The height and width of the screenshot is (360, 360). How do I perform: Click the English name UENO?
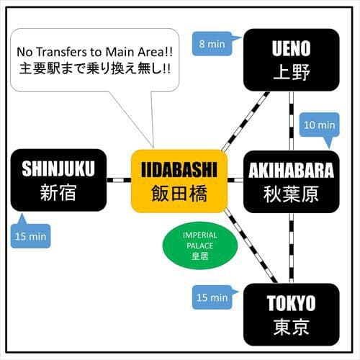point(291,49)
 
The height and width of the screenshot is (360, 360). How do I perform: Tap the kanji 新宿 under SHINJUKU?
point(58,192)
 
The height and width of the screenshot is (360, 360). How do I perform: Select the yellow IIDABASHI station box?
point(179,181)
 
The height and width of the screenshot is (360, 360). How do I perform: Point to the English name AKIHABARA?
point(291,170)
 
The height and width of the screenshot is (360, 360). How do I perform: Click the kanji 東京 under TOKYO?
point(291,327)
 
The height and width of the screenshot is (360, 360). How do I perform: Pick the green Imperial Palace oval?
point(200,246)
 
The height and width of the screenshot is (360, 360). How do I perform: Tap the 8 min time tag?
point(212,44)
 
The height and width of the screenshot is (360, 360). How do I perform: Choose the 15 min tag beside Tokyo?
point(212,297)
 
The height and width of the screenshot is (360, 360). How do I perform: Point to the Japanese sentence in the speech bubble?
point(95,68)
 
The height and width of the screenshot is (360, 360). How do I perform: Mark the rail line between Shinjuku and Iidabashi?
point(119,180)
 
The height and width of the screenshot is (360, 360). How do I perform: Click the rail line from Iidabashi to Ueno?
point(246,121)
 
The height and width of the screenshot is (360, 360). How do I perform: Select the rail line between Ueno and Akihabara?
point(292,121)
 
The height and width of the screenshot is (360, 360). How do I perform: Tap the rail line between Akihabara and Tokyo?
point(292,248)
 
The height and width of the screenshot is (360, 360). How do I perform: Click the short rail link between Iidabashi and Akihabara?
point(235,180)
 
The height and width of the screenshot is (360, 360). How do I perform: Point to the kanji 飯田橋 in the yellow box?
point(179,194)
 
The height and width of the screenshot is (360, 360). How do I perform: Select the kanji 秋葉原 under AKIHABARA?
point(291,194)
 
